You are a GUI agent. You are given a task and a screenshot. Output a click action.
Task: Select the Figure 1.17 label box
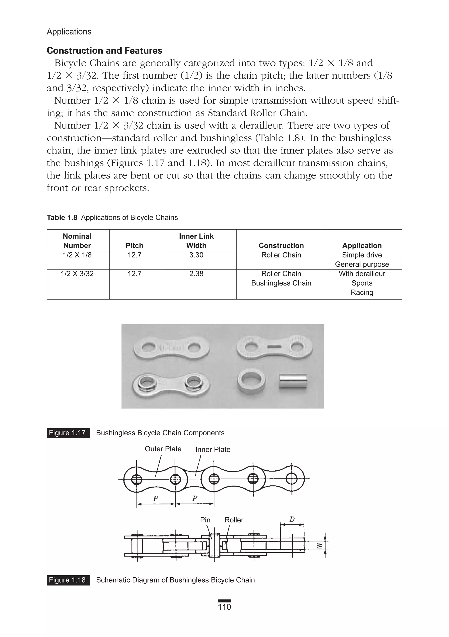[x=68, y=433]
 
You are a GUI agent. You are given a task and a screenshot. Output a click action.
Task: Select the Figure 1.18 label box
[x=68, y=580]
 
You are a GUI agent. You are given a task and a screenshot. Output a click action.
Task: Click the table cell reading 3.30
[x=196, y=255]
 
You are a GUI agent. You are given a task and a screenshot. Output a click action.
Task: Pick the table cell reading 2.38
[x=196, y=274]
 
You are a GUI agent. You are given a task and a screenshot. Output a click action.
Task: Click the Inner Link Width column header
[x=196, y=241]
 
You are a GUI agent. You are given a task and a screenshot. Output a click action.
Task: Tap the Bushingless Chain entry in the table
[x=281, y=283]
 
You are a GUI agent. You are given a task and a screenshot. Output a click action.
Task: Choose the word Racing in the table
[x=362, y=292]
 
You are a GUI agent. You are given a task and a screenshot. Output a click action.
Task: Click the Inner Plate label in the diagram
[x=213, y=450]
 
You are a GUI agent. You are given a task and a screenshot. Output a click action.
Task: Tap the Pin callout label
[x=205, y=520]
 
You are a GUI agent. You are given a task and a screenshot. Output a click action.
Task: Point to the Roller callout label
[x=234, y=520]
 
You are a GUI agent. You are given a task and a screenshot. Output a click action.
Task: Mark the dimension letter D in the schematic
[x=292, y=519]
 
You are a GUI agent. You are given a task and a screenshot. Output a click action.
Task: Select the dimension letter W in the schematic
[x=320, y=545]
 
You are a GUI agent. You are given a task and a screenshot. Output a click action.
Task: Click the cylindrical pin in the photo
[x=293, y=381]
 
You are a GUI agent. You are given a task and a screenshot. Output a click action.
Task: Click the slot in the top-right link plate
[x=274, y=347]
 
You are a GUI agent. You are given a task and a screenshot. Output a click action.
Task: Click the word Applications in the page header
[x=69, y=32]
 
